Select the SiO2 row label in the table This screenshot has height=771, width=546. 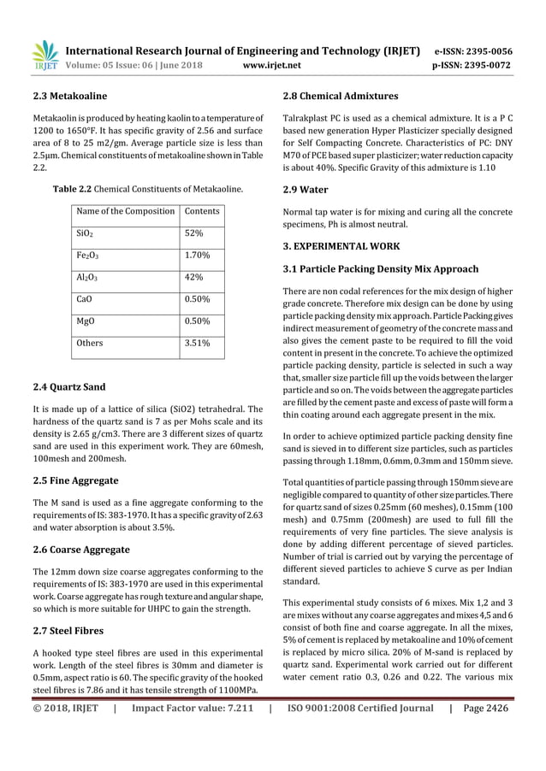(x=85, y=232)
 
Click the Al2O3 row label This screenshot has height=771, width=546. (x=87, y=277)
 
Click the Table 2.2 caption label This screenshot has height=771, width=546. (x=72, y=187)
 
